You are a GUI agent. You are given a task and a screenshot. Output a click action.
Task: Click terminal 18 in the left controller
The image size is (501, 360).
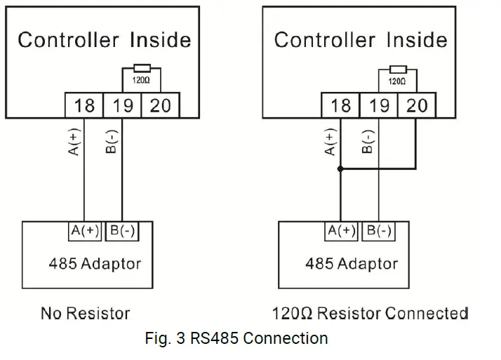84,106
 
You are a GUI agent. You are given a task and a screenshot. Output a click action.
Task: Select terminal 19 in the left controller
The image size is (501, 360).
122,106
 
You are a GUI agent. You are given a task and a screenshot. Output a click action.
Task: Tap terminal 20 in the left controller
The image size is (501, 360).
160,106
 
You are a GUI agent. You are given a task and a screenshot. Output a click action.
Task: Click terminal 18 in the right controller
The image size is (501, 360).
340,106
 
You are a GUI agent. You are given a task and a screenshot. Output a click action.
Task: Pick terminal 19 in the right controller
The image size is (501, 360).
378,106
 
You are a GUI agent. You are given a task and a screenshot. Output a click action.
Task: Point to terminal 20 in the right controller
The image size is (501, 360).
416,106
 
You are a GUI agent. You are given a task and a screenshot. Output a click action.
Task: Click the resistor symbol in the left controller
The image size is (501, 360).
141,69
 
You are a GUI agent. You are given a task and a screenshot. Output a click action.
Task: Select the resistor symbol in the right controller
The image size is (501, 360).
397,69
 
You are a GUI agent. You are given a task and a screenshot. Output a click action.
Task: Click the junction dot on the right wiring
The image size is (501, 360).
340,169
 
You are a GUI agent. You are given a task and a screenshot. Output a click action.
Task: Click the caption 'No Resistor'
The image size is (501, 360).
85,312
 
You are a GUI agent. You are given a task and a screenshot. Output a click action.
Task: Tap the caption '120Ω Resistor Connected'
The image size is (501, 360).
370,312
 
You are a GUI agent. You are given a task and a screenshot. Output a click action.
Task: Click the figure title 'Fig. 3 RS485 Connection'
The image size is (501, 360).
236,338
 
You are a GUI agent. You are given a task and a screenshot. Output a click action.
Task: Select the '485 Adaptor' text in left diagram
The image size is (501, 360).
95,265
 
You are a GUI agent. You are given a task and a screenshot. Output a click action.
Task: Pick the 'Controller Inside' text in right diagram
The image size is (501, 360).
361,39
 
